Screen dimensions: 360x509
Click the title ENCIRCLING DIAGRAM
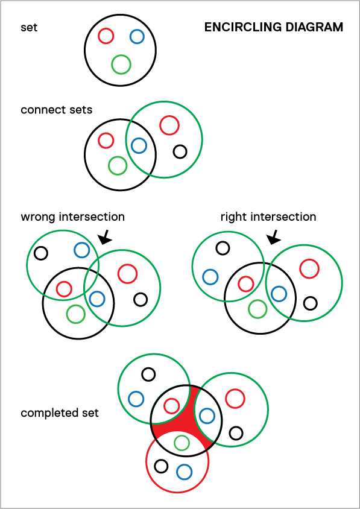(274, 27)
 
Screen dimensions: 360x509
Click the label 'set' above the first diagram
(29, 27)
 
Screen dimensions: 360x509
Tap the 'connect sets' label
(57, 110)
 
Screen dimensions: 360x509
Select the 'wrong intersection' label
(73, 217)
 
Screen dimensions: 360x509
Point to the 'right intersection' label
(268, 217)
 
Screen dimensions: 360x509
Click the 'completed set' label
(60, 413)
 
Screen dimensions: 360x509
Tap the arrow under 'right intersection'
(273, 238)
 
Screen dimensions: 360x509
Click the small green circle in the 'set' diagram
(121, 65)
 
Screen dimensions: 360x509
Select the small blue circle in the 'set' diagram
(137, 36)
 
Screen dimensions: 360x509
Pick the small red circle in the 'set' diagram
(106, 36)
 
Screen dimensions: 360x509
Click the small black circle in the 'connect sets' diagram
(180, 151)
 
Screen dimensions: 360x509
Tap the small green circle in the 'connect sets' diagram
(117, 166)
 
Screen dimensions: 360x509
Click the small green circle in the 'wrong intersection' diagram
(75, 314)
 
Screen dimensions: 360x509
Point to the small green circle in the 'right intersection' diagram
(257, 309)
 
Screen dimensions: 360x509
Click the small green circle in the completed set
(182, 442)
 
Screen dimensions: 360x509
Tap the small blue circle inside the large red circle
(184, 472)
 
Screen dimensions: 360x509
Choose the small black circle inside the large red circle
(161, 466)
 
